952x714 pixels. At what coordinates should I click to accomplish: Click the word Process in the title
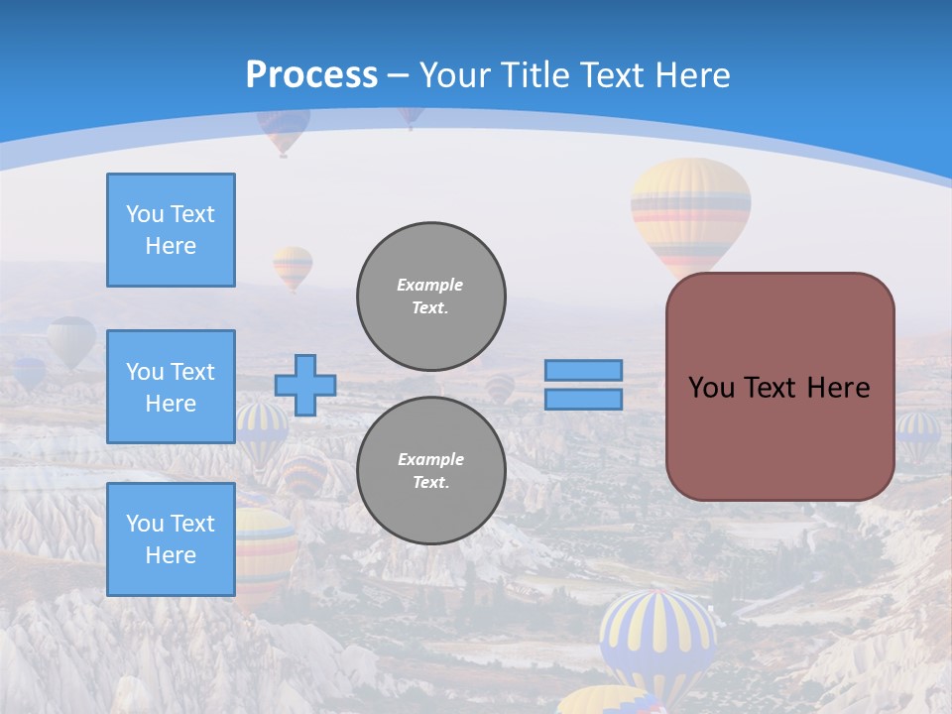pos(311,74)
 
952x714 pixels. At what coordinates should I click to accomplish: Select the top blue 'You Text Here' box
pos(171,230)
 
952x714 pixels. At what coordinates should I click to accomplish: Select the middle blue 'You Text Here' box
pos(171,387)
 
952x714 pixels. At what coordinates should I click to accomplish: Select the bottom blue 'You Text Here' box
pos(171,539)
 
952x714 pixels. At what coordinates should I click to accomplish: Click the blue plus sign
pos(305,385)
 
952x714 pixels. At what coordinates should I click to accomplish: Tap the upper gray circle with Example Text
pos(431,296)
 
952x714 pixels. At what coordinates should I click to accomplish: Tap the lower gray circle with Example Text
pos(431,470)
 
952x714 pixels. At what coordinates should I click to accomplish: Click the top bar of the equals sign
pos(583,370)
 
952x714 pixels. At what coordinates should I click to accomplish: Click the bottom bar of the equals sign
pos(583,399)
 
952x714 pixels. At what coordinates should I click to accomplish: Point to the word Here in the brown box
pos(838,387)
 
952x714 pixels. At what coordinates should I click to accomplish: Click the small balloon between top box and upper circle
pos(293,266)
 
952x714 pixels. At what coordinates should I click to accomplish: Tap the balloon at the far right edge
pos(918,434)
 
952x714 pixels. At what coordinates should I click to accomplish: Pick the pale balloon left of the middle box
pos(71,340)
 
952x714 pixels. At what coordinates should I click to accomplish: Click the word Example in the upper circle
pos(429,285)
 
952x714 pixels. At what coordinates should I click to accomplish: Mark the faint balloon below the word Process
pos(283,130)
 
